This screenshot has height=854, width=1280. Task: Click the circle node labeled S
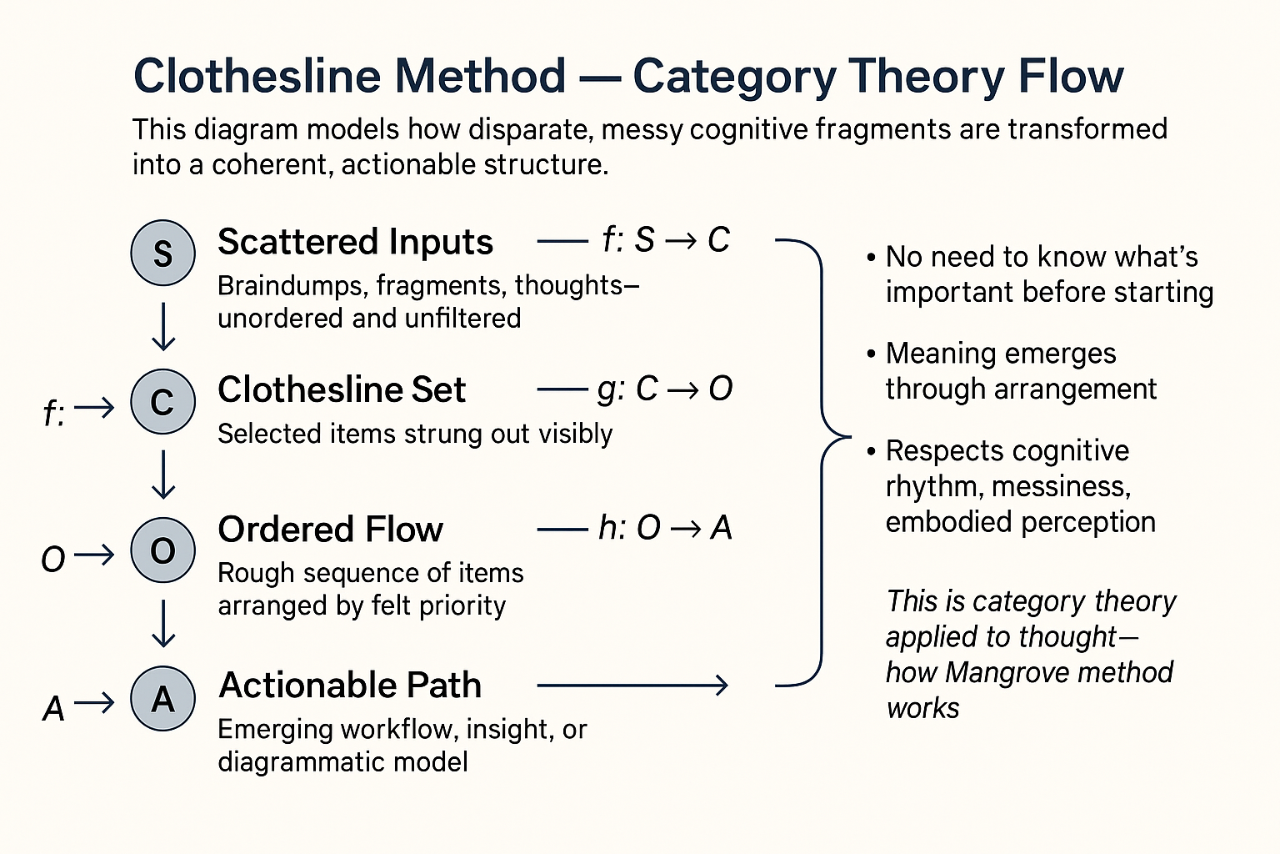tap(163, 253)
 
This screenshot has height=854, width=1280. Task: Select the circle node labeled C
tap(163, 401)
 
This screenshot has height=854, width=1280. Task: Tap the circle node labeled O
tap(163, 550)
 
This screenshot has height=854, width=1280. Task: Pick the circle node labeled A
tap(163, 698)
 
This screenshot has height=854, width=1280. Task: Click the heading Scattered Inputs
tap(355, 242)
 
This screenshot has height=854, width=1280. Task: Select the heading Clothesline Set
tap(341, 389)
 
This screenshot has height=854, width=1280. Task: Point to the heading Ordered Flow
tap(330, 530)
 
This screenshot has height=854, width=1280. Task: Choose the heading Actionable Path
tap(350, 685)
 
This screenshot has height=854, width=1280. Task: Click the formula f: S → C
tap(665, 240)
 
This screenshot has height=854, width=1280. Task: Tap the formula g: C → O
tap(664, 389)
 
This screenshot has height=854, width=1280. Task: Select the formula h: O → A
tap(664, 527)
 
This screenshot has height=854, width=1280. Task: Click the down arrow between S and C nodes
tap(163, 326)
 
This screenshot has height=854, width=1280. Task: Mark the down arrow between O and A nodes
tap(163, 623)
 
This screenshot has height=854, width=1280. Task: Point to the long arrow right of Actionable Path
tap(632, 686)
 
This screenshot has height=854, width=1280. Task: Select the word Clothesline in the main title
tap(258, 77)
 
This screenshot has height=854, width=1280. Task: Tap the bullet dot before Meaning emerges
tap(871, 354)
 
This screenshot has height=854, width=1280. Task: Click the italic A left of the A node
tap(53, 709)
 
